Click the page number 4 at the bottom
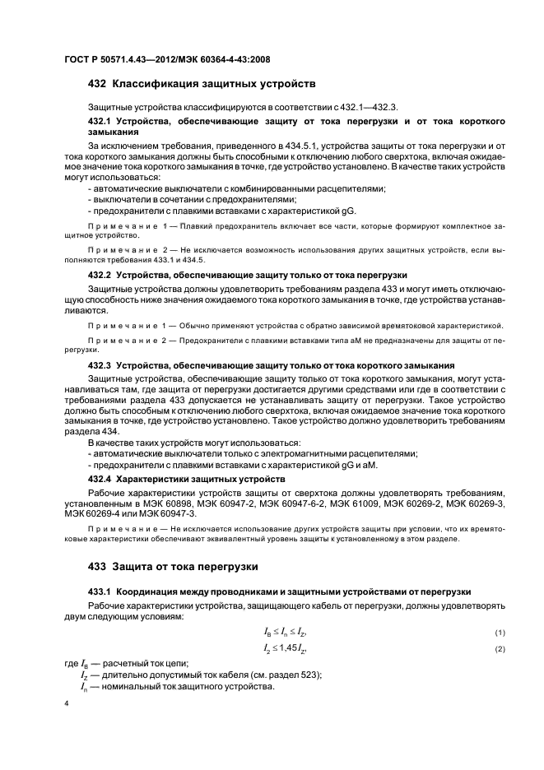(67, 705)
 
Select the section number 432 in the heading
(97, 84)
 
